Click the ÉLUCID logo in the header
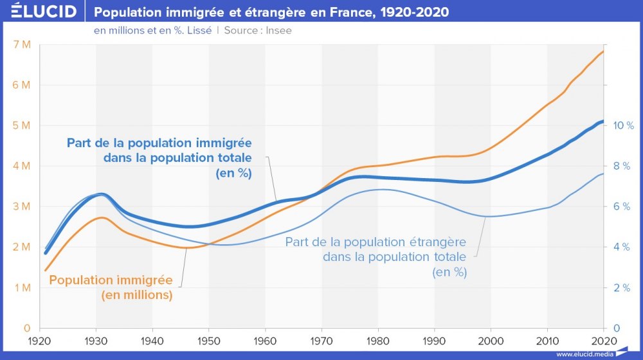click(40, 12)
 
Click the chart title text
click(272, 12)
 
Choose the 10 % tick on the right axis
click(622, 125)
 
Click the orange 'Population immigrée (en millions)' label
click(111, 287)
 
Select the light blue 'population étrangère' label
click(376, 256)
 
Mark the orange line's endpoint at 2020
click(603, 51)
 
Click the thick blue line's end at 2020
click(603, 122)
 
